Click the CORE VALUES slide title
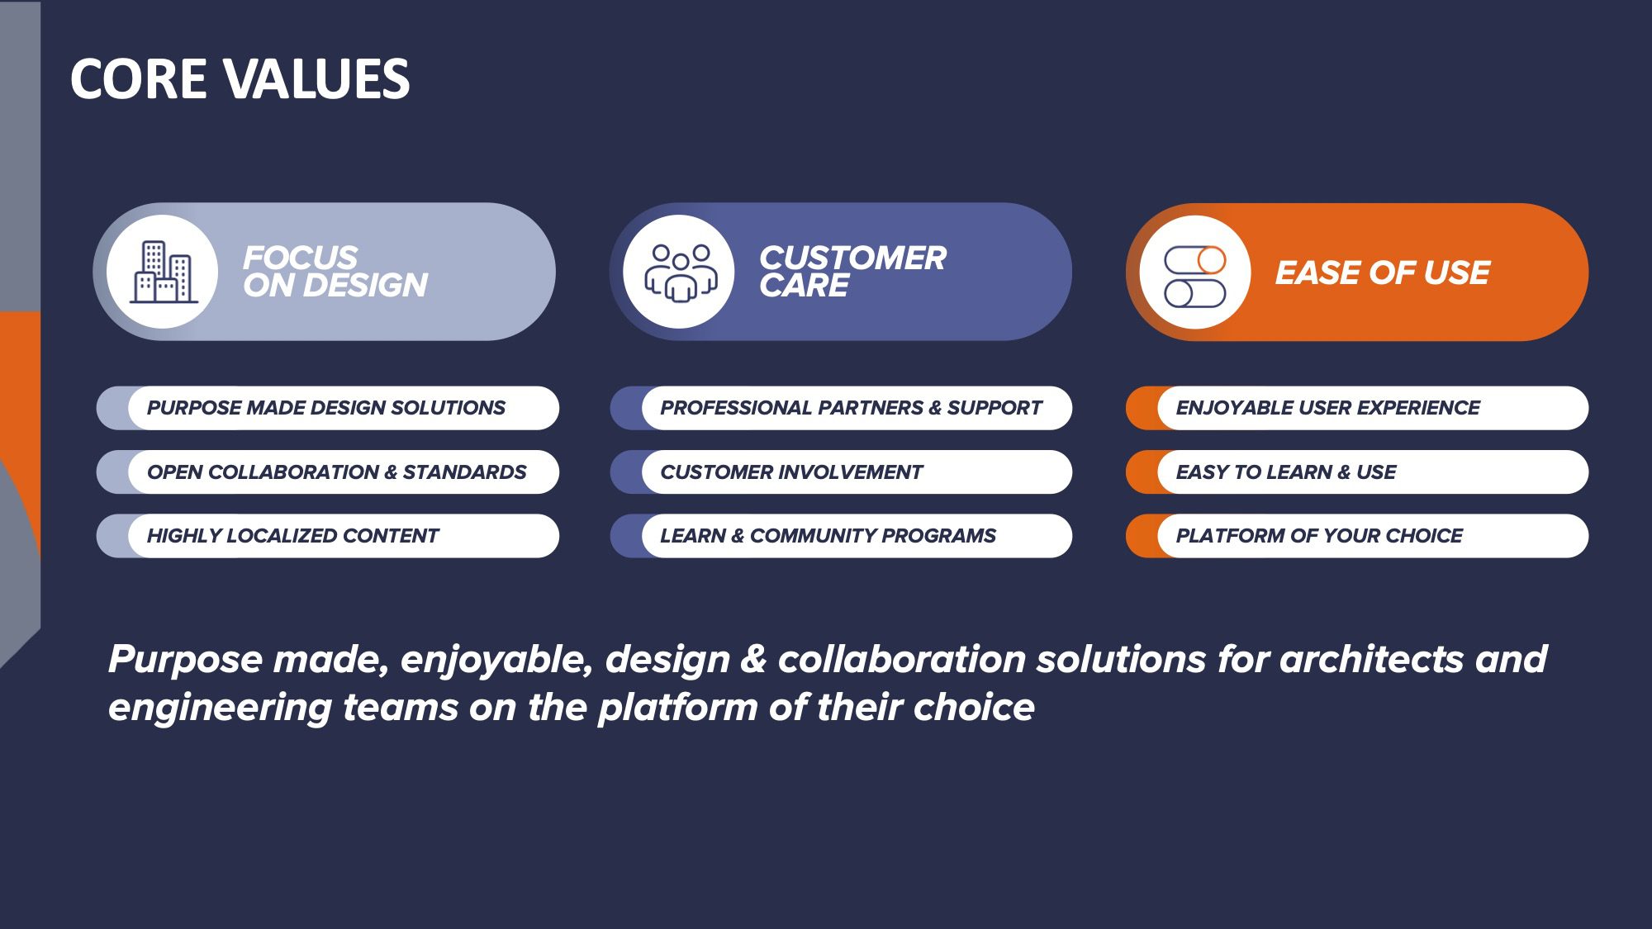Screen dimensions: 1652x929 pos(240,79)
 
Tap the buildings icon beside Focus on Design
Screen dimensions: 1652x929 pos(163,272)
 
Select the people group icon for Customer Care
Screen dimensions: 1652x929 pos(679,273)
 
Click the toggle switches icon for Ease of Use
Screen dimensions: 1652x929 pos(1194,276)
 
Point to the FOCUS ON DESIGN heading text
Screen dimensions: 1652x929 pos(335,271)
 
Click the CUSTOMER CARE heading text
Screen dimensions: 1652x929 pos(852,271)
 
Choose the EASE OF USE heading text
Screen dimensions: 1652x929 pos(1383,273)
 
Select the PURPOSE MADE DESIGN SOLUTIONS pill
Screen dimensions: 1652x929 pos(328,408)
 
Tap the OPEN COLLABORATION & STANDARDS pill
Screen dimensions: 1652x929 pos(328,472)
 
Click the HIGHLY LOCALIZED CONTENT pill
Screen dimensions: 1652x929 pos(328,536)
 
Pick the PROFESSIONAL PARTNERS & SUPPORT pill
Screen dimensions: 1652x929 pos(841,408)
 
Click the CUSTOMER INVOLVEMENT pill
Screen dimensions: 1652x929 pos(841,472)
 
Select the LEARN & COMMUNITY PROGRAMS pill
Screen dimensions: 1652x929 pos(841,536)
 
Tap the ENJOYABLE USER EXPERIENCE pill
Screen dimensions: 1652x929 pos(1357,408)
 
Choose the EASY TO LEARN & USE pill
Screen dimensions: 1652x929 pos(1357,472)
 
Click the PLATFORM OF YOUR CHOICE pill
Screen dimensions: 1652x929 pos(1357,536)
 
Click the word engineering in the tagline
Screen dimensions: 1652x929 pos(220,709)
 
